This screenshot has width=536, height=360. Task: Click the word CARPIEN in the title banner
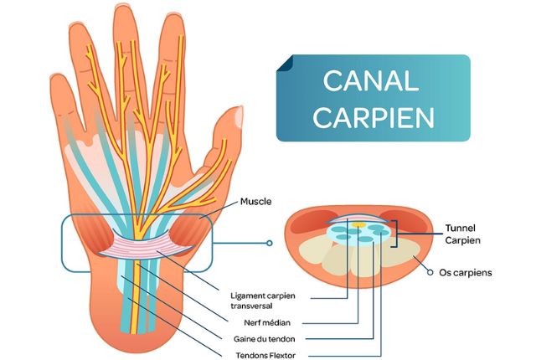373,116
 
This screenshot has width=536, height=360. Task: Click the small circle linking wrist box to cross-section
269,244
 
